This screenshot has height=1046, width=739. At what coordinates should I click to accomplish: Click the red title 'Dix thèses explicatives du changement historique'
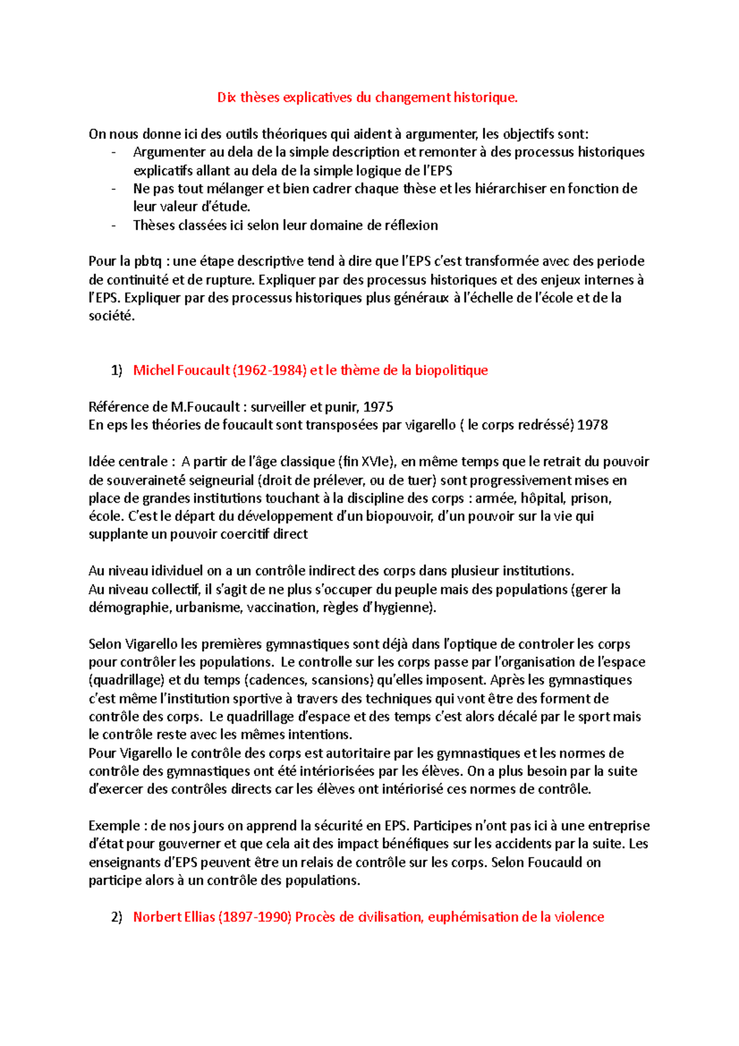point(367,97)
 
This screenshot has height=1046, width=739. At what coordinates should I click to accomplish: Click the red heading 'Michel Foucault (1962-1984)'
point(219,370)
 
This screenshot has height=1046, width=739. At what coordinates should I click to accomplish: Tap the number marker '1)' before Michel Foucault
point(116,370)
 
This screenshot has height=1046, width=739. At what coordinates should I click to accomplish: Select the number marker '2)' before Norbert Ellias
point(116,917)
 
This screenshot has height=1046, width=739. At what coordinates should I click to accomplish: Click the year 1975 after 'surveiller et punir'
point(378,407)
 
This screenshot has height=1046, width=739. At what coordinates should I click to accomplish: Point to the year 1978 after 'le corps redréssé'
point(592,425)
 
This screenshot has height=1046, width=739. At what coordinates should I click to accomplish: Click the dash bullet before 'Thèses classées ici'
point(113,225)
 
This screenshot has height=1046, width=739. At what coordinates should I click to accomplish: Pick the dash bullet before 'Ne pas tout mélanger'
point(113,189)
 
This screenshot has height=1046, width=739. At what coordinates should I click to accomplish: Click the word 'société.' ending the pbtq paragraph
point(111,316)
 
